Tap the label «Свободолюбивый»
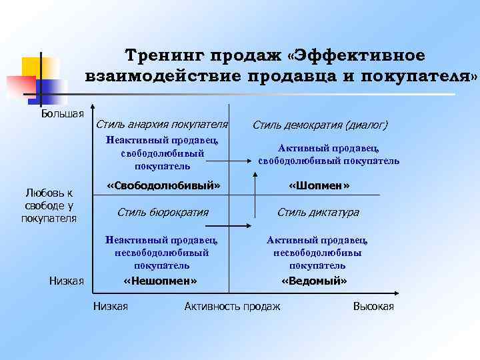(x=163, y=185)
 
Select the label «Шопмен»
(x=319, y=185)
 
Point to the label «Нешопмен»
(x=161, y=281)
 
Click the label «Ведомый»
(x=315, y=281)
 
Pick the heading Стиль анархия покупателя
(x=162, y=124)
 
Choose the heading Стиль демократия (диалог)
(x=319, y=125)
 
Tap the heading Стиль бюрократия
(x=163, y=212)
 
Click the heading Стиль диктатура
(x=318, y=212)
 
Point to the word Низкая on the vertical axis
(x=67, y=281)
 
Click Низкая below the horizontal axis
(x=111, y=306)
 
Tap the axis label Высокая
(x=373, y=306)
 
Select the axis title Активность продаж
(x=233, y=306)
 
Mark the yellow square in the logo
(x=35, y=67)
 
